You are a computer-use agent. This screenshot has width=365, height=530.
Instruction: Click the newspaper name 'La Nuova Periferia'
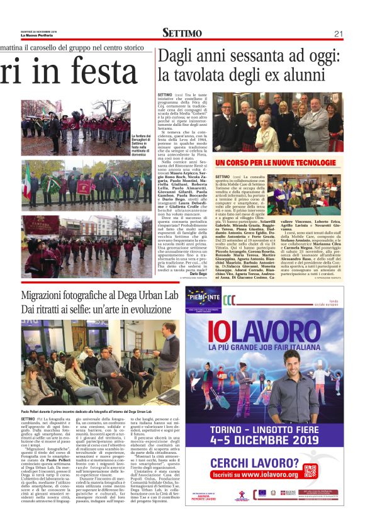[x=39, y=35]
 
